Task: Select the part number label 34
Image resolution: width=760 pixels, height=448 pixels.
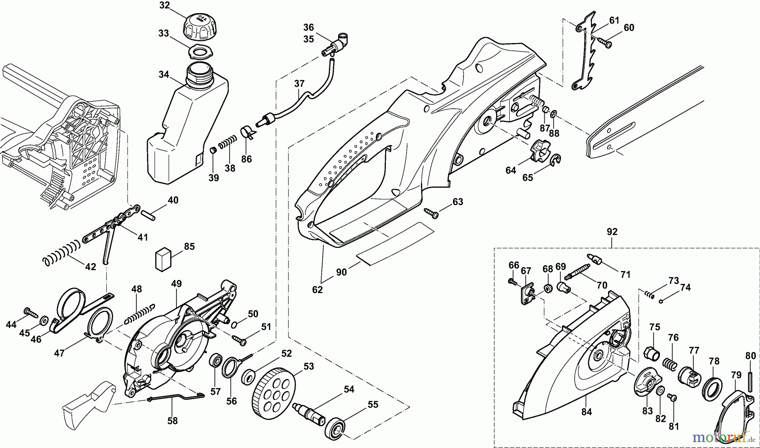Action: pos(164,75)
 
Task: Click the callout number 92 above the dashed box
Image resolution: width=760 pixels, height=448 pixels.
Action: pos(612,232)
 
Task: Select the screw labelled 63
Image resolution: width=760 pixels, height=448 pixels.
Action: pos(432,213)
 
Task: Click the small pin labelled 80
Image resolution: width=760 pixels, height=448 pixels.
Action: pos(750,381)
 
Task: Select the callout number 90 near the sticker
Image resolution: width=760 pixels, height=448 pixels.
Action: pos(341,272)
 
